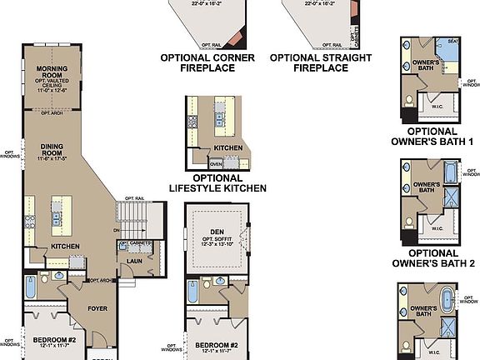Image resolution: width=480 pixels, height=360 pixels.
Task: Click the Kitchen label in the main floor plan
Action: coord(66,247)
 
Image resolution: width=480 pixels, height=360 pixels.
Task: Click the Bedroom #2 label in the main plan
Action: coord(54,340)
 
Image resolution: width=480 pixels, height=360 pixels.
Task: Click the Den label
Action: coord(216,234)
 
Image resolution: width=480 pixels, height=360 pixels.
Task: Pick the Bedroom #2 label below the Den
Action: coord(216,345)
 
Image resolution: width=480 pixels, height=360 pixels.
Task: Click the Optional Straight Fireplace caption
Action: coord(309,62)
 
